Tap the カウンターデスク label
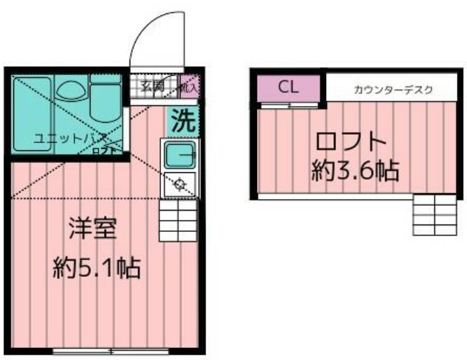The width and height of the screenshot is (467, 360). point(394,88)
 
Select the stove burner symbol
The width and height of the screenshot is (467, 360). point(179,183)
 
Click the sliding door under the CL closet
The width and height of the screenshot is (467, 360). point(290,105)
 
